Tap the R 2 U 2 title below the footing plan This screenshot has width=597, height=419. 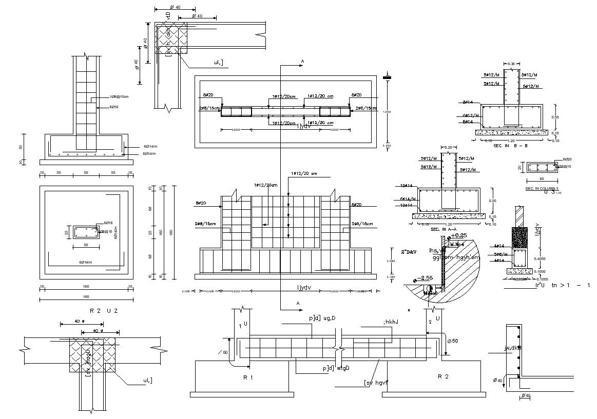pos(105,311)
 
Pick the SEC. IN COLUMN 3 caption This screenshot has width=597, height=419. pos(541,189)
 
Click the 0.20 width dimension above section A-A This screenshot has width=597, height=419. pos(448,147)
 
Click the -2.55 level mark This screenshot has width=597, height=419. pos(426,277)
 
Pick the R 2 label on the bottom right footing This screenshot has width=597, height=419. pos(443,376)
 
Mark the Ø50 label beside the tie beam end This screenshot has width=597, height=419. pos(453,341)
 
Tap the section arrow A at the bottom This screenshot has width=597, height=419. pos(297,304)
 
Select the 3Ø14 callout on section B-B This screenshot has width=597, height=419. pos(467,102)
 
